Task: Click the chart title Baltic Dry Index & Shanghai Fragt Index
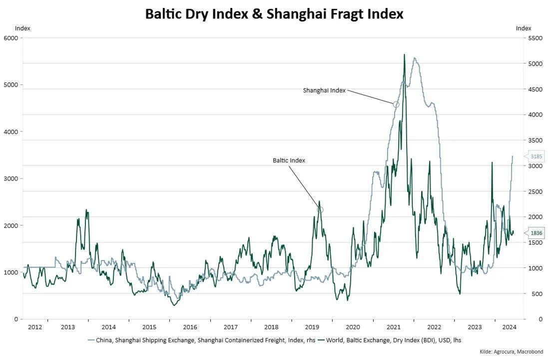(x=274, y=13)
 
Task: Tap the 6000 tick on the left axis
(x=10, y=38)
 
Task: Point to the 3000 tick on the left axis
(x=10, y=178)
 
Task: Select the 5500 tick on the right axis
(x=536, y=38)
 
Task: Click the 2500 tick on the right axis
(x=536, y=191)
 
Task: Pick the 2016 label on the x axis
(x=190, y=327)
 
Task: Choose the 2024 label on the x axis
(x=509, y=327)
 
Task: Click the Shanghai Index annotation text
(x=324, y=90)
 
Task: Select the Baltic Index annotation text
(x=289, y=160)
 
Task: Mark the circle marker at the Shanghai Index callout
(x=396, y=104)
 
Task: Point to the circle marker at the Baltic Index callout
(x=320, y=210)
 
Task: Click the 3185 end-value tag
(x=536, y=156)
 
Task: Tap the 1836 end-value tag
(x=536, y=232)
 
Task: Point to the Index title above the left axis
(x=22, y=28)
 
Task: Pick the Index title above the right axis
(x=524, y=28)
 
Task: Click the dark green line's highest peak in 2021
(x=404, y=54)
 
